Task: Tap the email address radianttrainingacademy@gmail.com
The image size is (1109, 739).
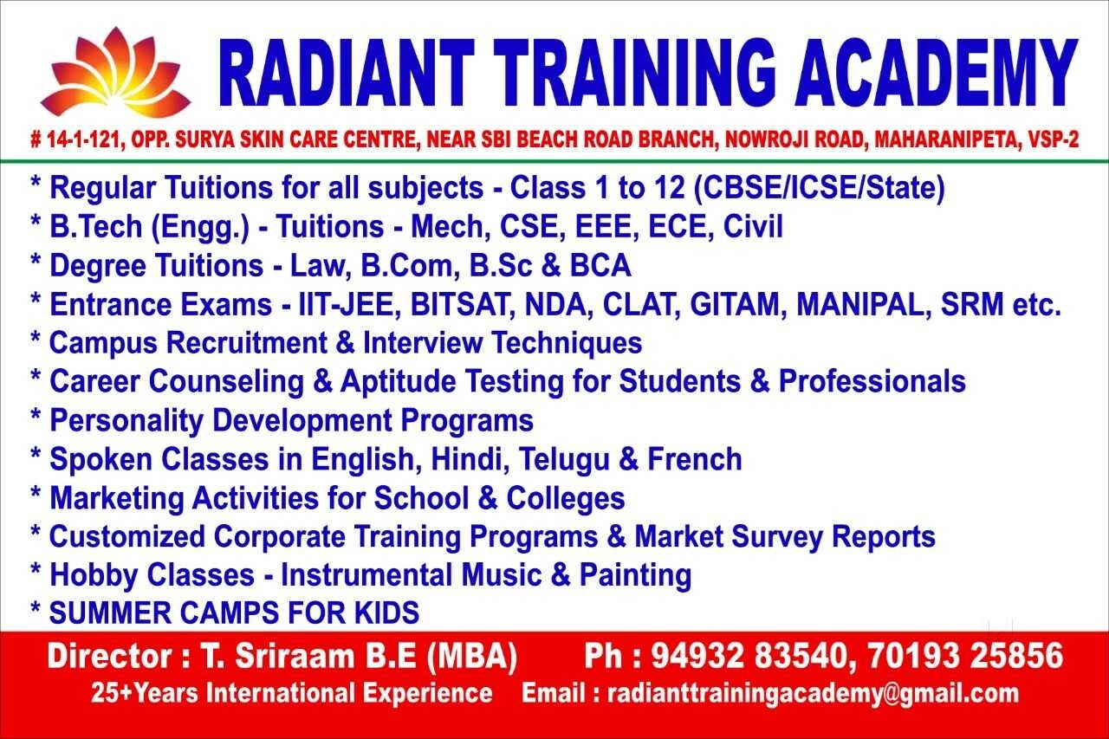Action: pos(813,694)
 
